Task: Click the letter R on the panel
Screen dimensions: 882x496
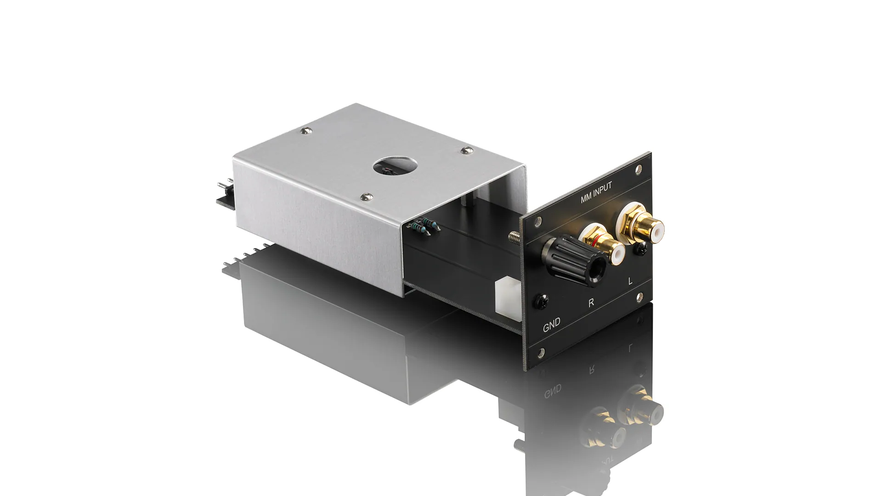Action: pos(591,303)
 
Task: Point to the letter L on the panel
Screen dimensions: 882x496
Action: pos(630,281)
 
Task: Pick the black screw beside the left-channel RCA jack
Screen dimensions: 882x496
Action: pos(639,249)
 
